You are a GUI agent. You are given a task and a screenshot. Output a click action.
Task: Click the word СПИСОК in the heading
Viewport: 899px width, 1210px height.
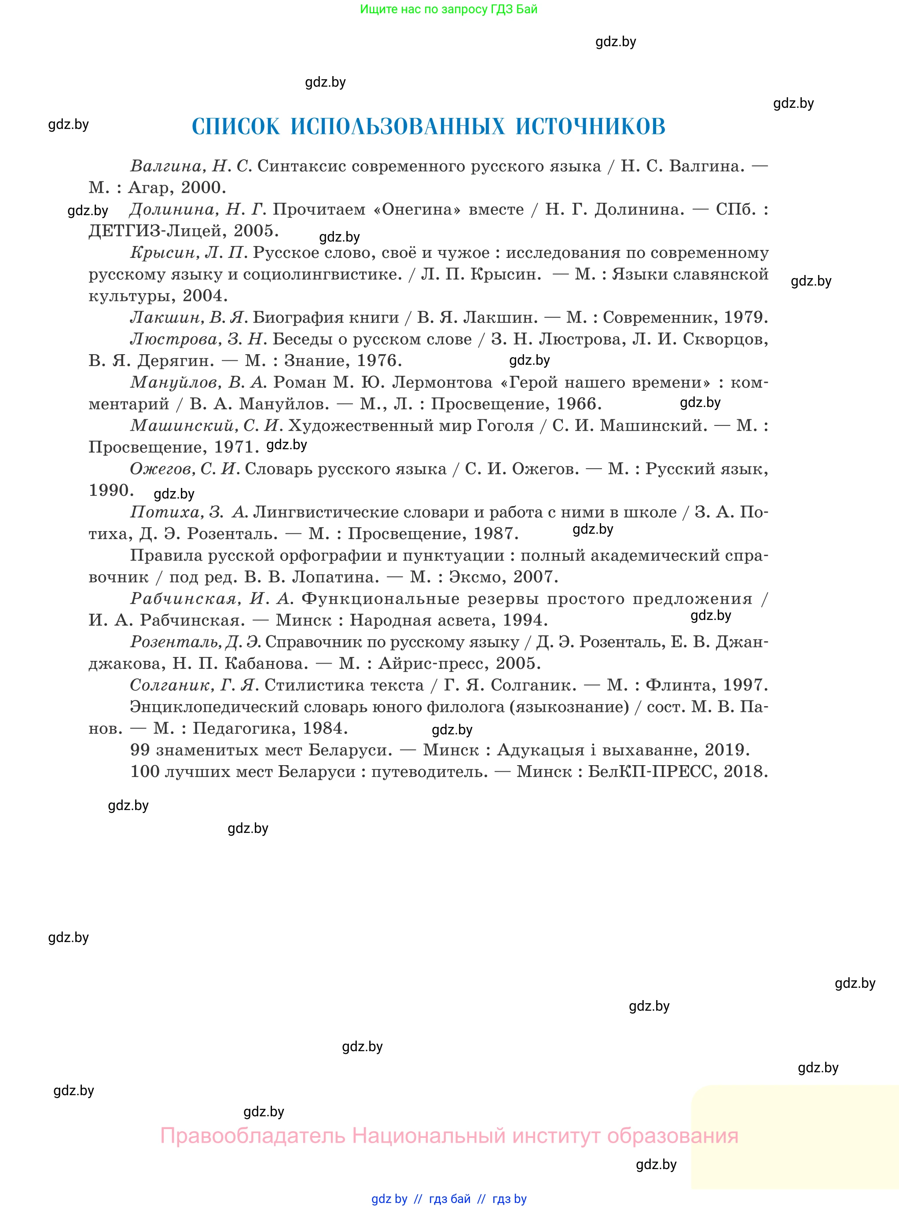pos(235,127)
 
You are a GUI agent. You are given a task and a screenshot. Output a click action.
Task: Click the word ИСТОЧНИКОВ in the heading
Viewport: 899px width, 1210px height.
pos(591,127)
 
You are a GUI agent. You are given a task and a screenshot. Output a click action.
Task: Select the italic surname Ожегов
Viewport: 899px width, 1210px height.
pos(162,469)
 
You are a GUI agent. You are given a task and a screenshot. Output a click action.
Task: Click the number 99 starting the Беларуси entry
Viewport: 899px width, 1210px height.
pos(140,750)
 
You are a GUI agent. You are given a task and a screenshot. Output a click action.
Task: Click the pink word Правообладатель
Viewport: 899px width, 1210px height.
pos(253,1136)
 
